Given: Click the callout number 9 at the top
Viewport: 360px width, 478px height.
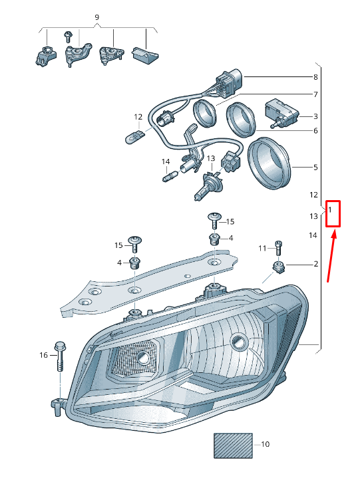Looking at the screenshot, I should [96, 17].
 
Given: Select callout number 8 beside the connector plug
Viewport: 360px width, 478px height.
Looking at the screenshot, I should [315, 78].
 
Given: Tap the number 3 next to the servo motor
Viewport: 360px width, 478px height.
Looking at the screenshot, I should [315, 116].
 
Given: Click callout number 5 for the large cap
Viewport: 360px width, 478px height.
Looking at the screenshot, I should [315, 168].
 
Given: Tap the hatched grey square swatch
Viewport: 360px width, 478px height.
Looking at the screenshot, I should [233, 445].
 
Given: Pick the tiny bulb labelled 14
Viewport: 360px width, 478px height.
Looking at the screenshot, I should [168, 177].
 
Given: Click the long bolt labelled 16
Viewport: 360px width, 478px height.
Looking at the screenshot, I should [60, 359].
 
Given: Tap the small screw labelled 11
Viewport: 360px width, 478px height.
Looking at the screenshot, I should [278, 247].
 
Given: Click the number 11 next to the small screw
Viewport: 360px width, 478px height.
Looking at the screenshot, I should [262, 249].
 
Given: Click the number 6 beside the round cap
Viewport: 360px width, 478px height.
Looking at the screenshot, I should [315, 131].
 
